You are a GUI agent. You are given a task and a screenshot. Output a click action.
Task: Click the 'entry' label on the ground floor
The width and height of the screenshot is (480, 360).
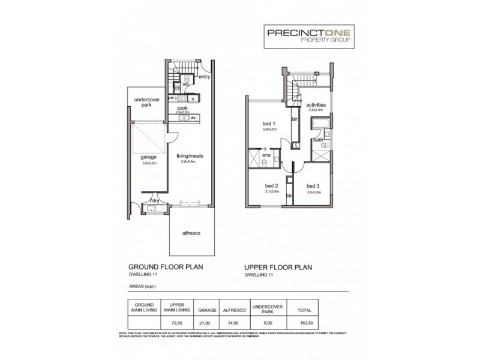pyautogui.click(x=204, y=77)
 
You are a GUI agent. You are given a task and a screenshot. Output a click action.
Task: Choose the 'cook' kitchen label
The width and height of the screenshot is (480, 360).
pyautogui.click(x=182, y=108)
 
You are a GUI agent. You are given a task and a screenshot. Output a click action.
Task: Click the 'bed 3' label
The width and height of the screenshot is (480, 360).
pyautogui.click(x=313, y=185)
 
